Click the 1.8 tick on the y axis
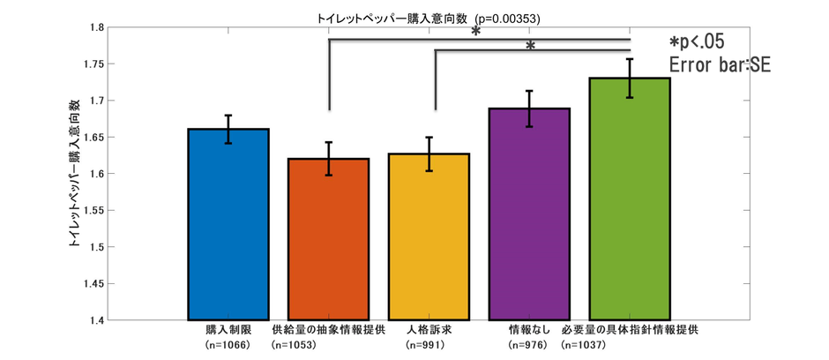(93, 28)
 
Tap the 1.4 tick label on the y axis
(93, 320)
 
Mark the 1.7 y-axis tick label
(93, 101)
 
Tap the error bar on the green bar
(630, 79)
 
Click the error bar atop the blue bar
(228, 129)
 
